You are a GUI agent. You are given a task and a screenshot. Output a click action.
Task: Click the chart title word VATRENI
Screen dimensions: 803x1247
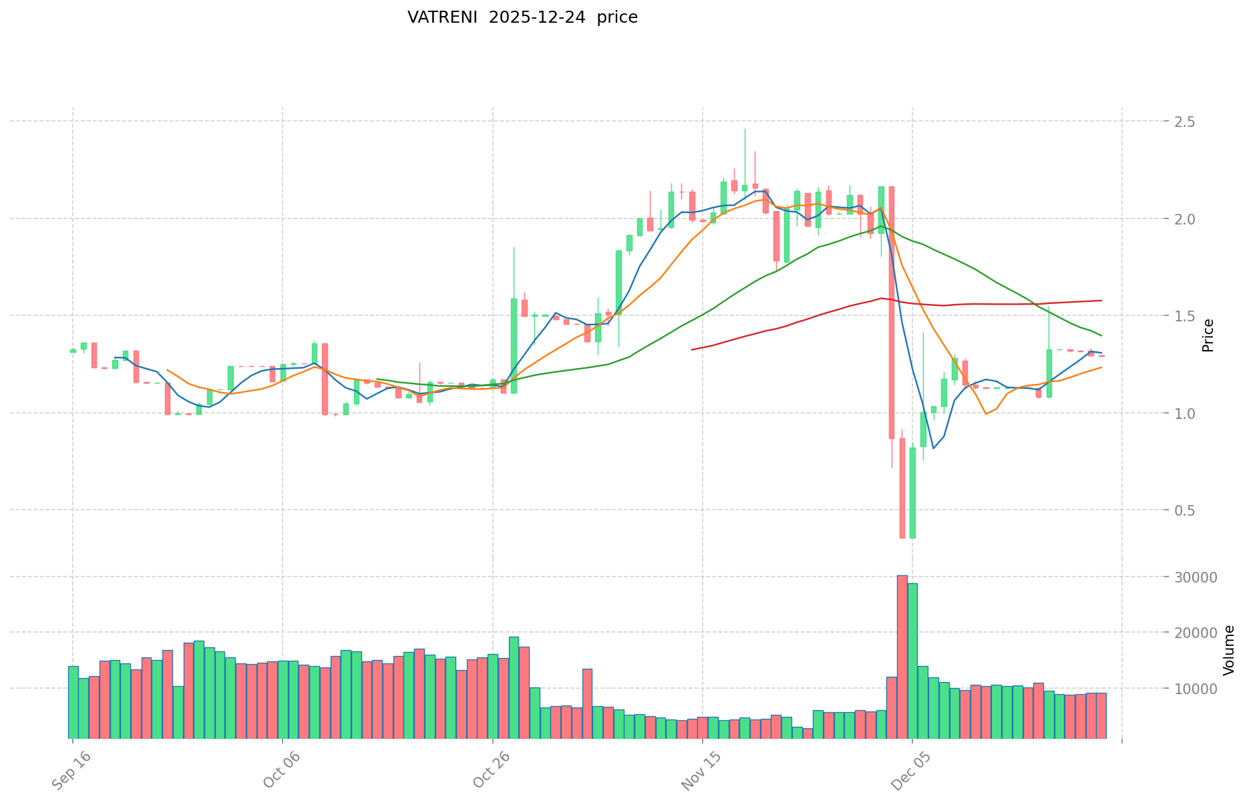(x=443, y=17)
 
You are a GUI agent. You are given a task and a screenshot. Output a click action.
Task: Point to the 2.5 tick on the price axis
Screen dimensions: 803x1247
(x=1184, y=122)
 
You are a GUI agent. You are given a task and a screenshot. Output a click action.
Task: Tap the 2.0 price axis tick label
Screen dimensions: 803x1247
(x=1184, y=219)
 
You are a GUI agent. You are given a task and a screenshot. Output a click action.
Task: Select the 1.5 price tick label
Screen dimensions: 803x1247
(x=1184, y=316)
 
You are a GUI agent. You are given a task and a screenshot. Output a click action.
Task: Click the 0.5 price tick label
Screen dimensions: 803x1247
(x=1184, y=510)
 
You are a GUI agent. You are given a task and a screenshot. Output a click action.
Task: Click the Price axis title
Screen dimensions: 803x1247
(x=1208, y=335)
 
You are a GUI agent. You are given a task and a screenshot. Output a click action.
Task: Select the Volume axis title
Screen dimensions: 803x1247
(x=1228, y=650)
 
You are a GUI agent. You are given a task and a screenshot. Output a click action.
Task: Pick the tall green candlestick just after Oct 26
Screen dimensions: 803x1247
(x=514, y=345)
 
